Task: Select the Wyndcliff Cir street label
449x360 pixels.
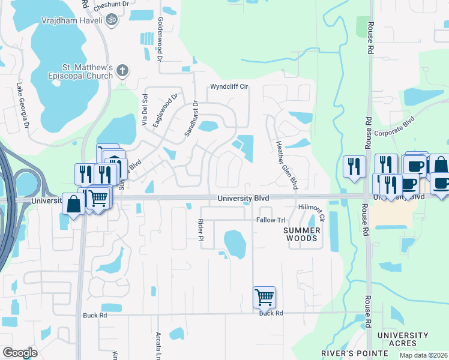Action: click(229, 87)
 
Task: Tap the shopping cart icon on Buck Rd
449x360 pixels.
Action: click(264, 296)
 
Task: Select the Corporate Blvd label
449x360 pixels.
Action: click(394, 128)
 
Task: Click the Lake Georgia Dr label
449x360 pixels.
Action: click(23, 106)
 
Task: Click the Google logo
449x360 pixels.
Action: click(20, 353)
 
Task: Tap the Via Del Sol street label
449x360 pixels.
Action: click(145, 110)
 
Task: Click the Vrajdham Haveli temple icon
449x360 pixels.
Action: click(110, 19)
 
